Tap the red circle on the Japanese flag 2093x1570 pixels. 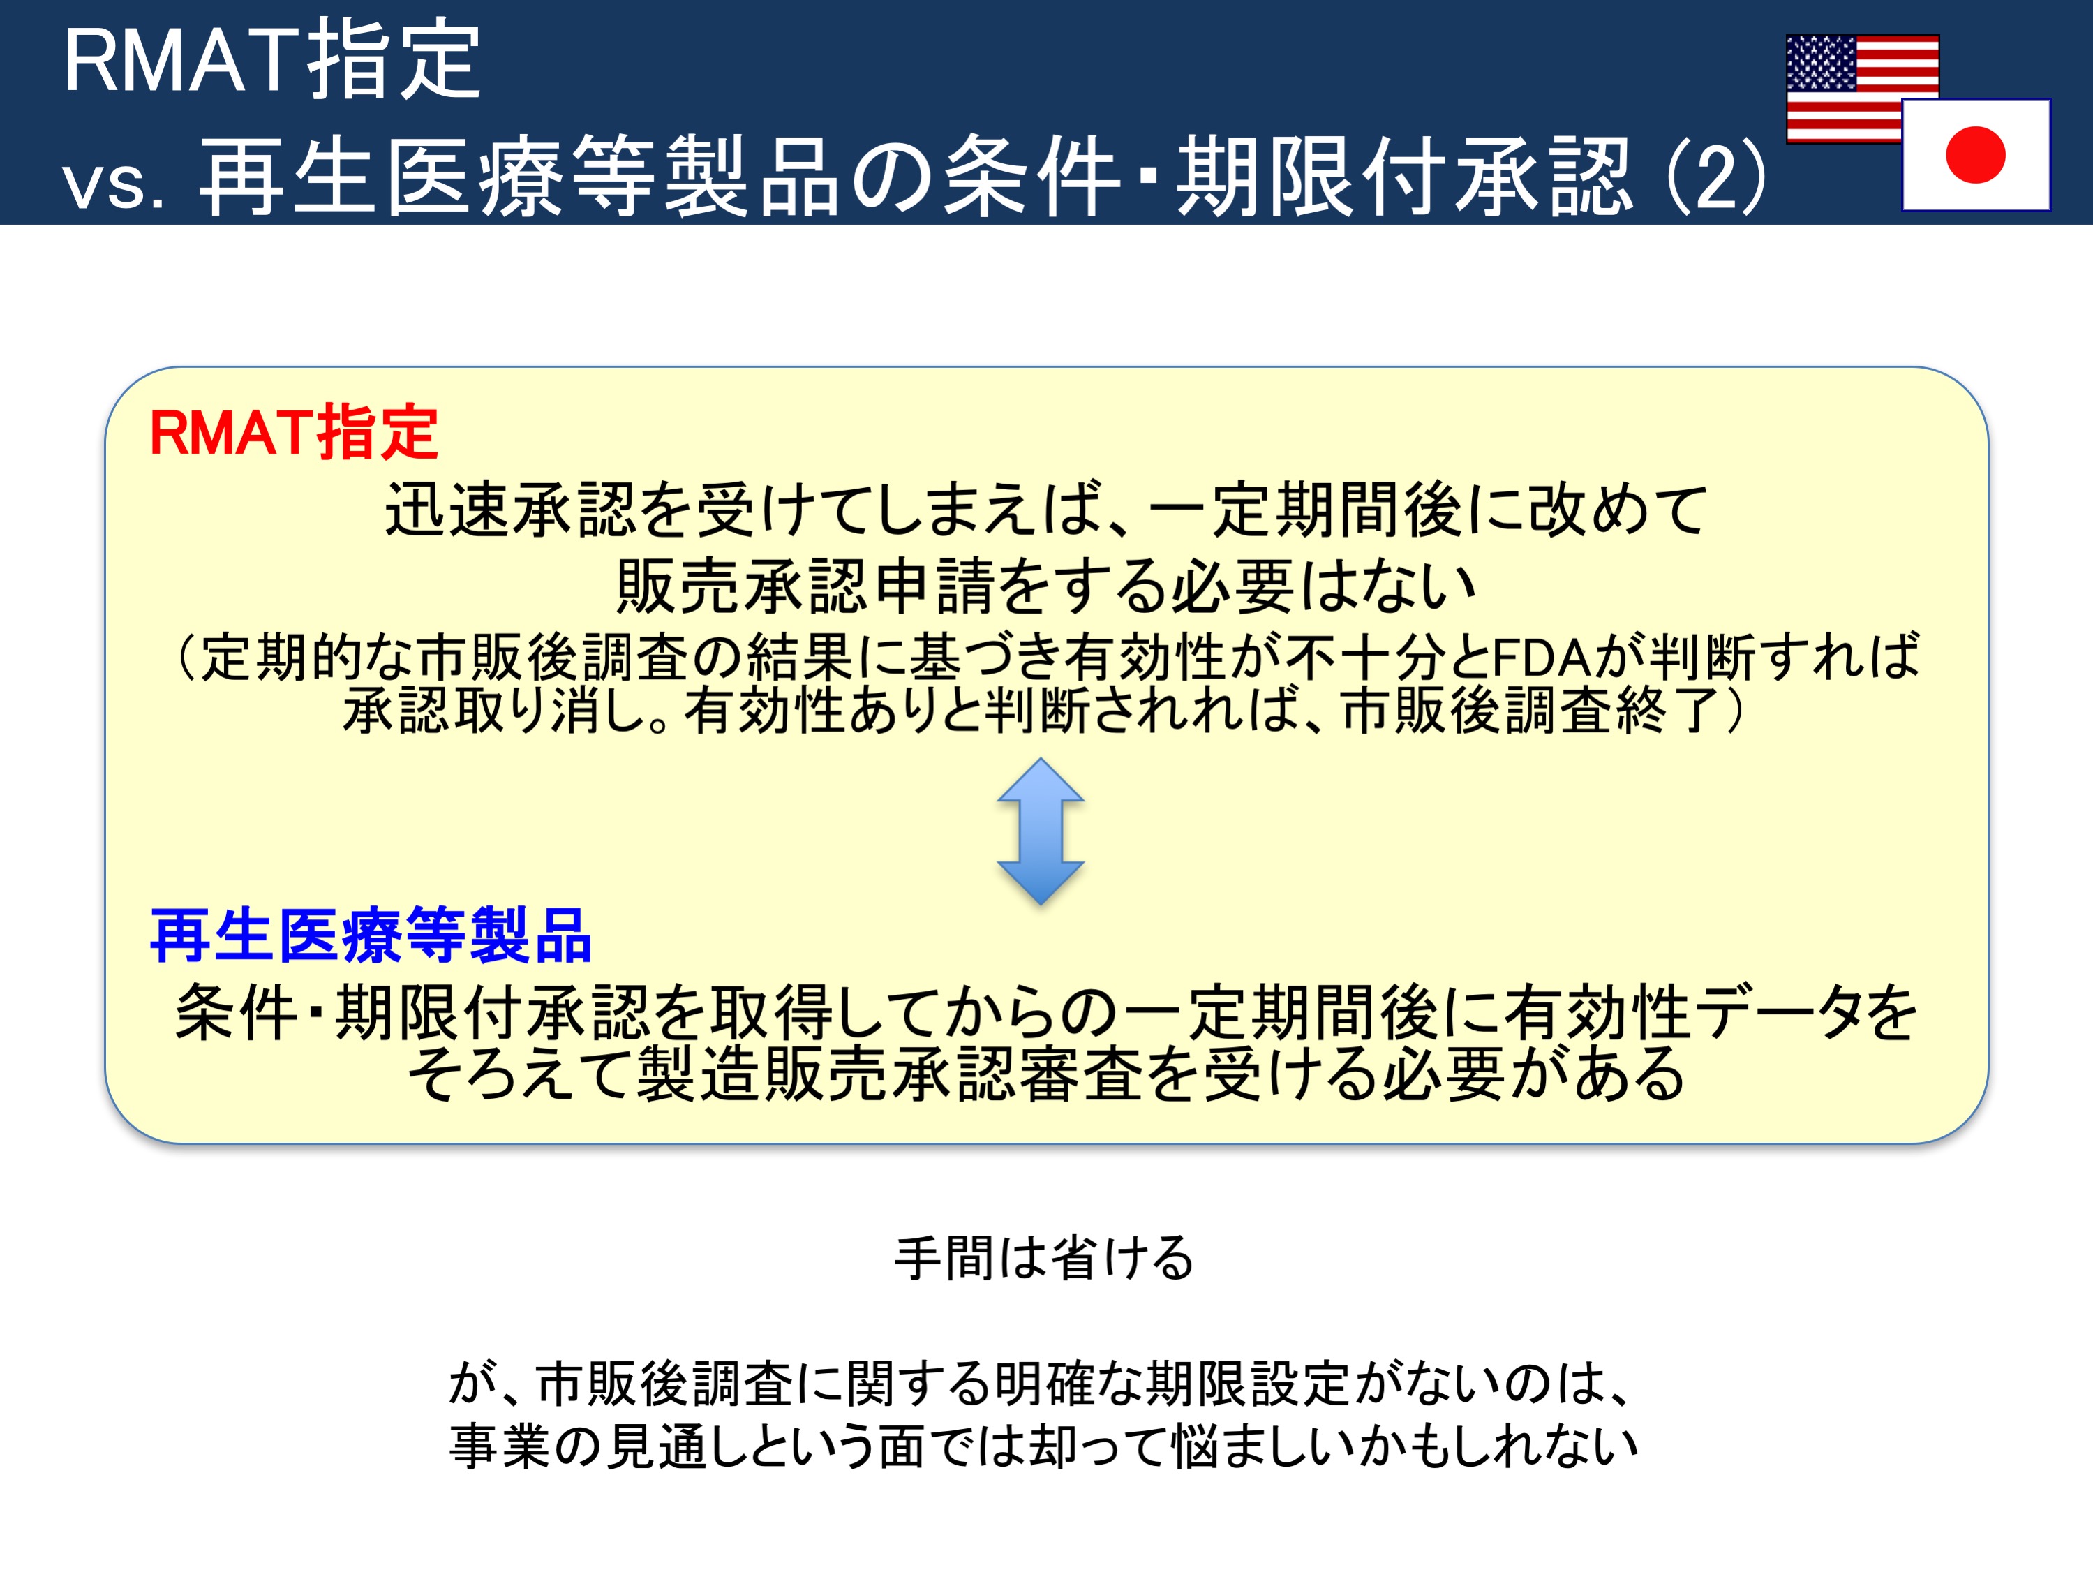coord(1975,154)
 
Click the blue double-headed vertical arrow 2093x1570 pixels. coord(1041,831)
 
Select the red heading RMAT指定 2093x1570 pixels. coord(293,433)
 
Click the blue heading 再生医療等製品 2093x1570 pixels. coord(371,935)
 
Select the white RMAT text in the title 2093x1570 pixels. coord(181,61)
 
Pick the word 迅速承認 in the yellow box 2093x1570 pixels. coord(511,509)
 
